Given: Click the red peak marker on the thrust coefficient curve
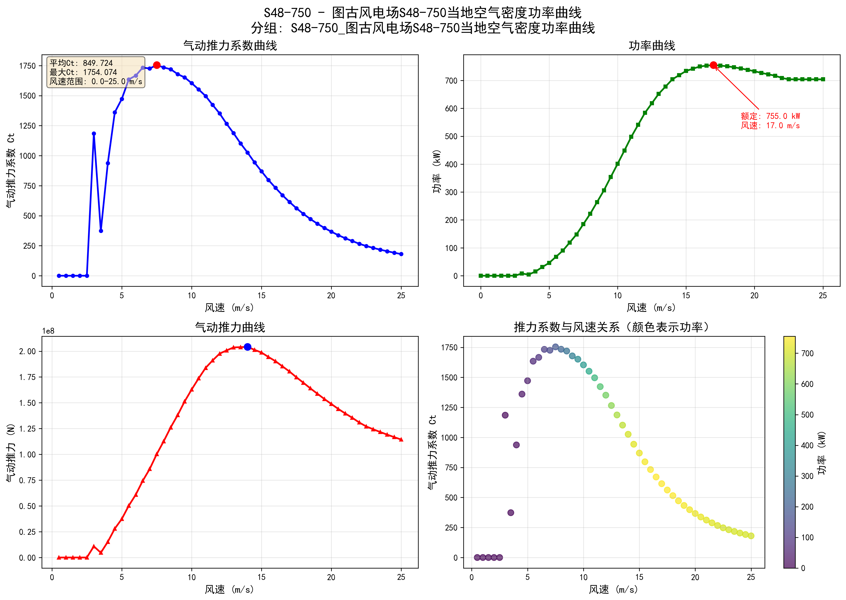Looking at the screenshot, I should pyautogui.click(x=157, y=65).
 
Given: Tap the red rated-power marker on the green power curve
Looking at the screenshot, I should pyautogui.click(x=713, y=65).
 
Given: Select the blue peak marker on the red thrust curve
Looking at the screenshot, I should pyautogui.click(x=247, y=347).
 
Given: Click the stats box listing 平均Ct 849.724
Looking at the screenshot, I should pyautogui.click(x=96, y=72).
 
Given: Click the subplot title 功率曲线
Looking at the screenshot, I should pyautogui.click(x=652, y=46).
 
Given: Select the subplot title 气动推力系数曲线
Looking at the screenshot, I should pyautogui.click(x=230, y=46).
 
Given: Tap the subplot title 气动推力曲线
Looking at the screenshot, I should pyautogui.click(x=230, y=327).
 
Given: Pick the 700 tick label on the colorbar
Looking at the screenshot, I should pyautogui.click(x=807, y=354).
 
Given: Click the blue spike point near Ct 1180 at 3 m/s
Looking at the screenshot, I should pyautogui.click(x=94, y=134).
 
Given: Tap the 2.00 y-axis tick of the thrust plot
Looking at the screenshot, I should pyautogui.click(x=27, y=351).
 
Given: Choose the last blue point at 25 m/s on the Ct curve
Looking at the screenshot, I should pyautogui.click(x=401, y=254).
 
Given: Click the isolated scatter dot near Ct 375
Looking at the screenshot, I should pyautogui.click(x=510, y=512).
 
